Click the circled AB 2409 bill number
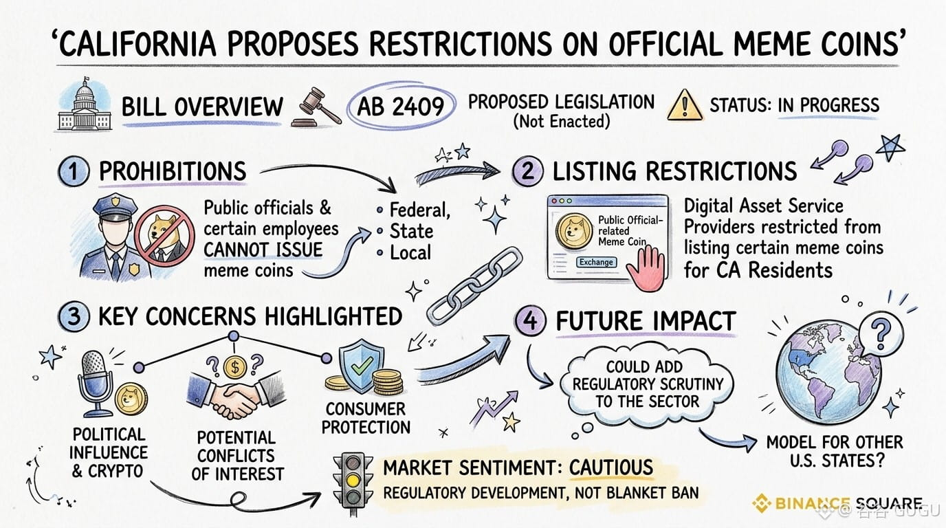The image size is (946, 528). (x=400, y=107)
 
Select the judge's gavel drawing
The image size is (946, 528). (x=316, y=107)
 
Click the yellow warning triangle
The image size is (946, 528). (x=685, y=106)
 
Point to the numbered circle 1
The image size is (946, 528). (x=74, y=172)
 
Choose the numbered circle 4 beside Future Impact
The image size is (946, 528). (x=530, y=322)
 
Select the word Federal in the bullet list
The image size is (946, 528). (x=419, y=210)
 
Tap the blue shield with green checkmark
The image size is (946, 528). (x=362, y=364)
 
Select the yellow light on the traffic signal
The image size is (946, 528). (x=353, y=481)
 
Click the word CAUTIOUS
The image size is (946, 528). (x=610, y=467)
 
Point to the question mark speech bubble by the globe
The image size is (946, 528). (x=881, y=333)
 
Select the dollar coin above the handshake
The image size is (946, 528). (x=235, y=367)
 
